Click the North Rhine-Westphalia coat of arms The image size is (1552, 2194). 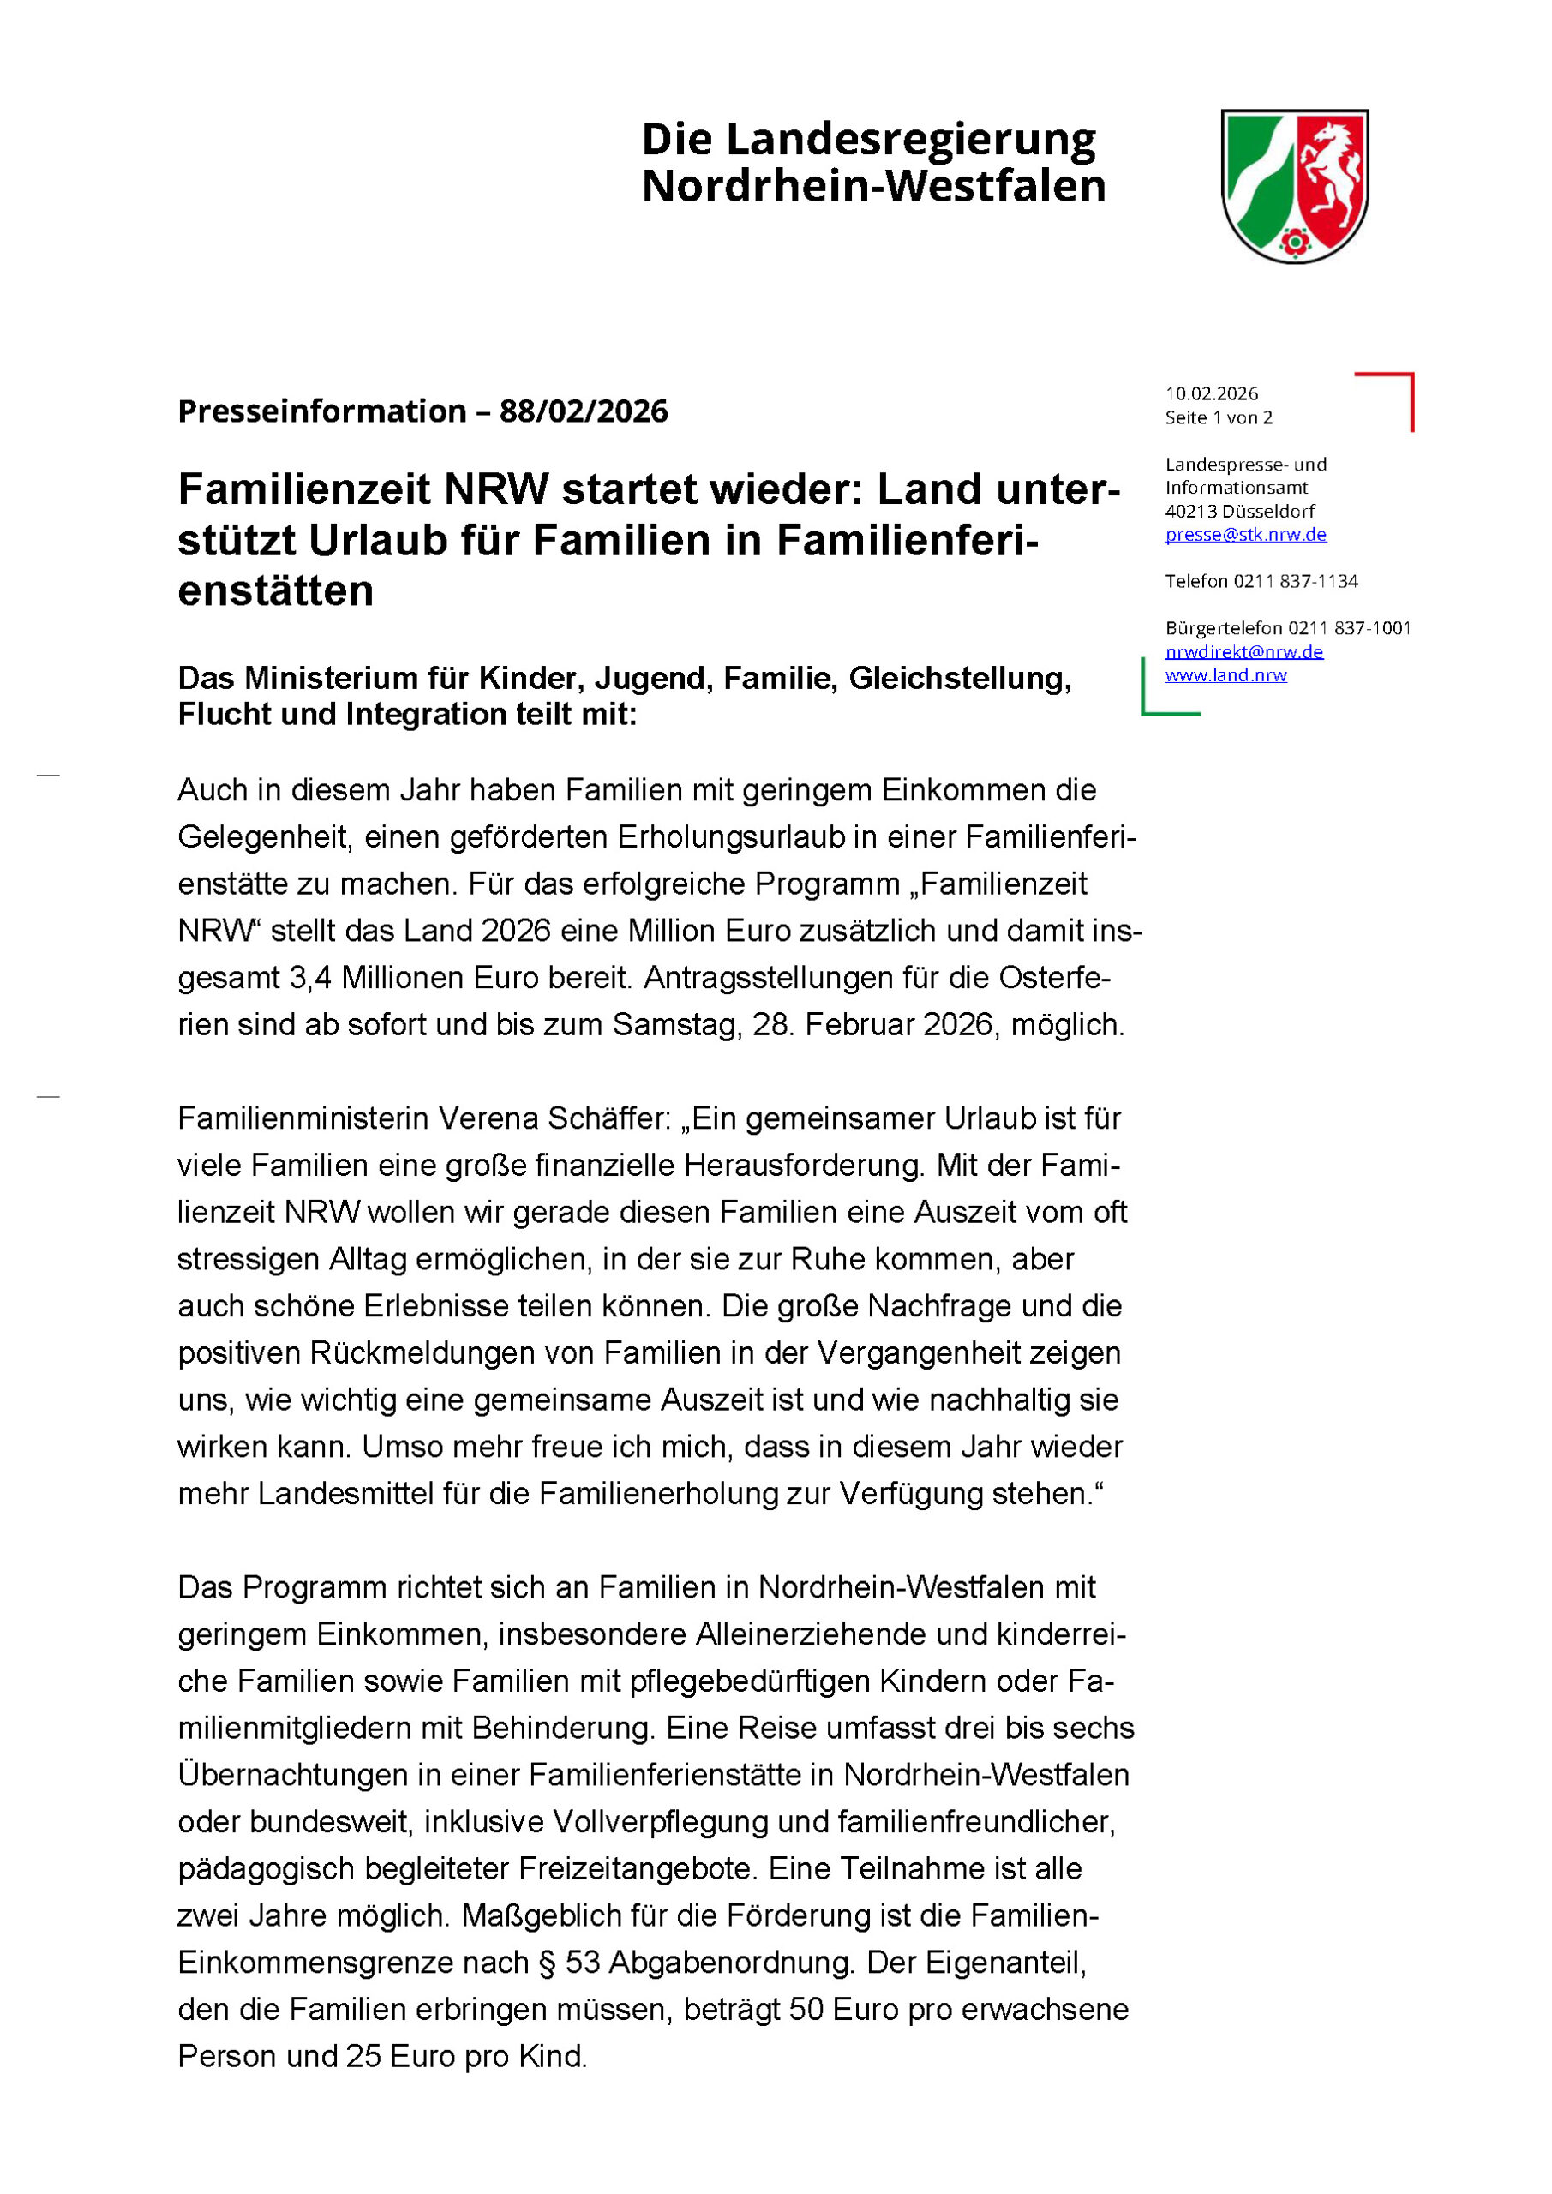point(1294,185)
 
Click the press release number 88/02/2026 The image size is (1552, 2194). point(583,411)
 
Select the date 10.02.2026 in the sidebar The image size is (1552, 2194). point(1211,393)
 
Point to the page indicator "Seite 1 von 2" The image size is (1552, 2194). point(1219,417)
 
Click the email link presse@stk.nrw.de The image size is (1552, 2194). point(1245,534)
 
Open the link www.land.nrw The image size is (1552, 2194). point(1225,674)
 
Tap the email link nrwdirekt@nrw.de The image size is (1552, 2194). point(1243,651)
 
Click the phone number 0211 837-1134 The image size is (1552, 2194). point(1295,581)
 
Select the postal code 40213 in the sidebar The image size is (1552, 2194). point(1190,512)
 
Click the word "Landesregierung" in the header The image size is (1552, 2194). point(910,140)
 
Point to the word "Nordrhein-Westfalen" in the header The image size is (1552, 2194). point(872,186)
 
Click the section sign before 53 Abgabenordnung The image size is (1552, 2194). point(548,1962)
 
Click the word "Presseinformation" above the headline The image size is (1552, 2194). point(322,411)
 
